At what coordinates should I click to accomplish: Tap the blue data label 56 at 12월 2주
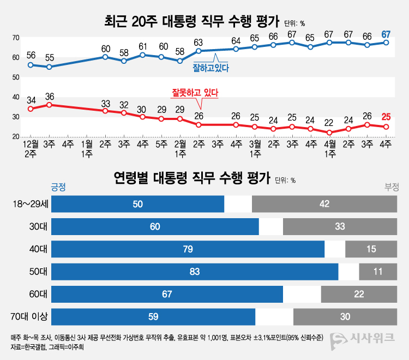[31, 55]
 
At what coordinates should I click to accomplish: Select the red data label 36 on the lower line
[50, 97]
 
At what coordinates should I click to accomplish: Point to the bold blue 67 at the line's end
[386, 34]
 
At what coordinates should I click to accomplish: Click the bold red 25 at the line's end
[386, 116]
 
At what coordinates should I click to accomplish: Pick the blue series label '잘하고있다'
[210, 68]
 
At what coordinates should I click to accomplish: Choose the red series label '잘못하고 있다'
[195, 93]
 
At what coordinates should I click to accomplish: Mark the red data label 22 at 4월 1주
[328, 123]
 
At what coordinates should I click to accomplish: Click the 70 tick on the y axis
[16, 38]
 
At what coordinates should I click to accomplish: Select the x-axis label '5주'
[161, 145]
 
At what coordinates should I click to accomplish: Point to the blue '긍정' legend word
[58, 187]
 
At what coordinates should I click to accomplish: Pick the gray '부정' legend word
[392, 187]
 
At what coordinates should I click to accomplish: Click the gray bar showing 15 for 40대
[371, 249]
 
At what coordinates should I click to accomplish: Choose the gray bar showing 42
[324, 203]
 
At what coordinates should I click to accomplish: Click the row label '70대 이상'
[29, 316]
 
